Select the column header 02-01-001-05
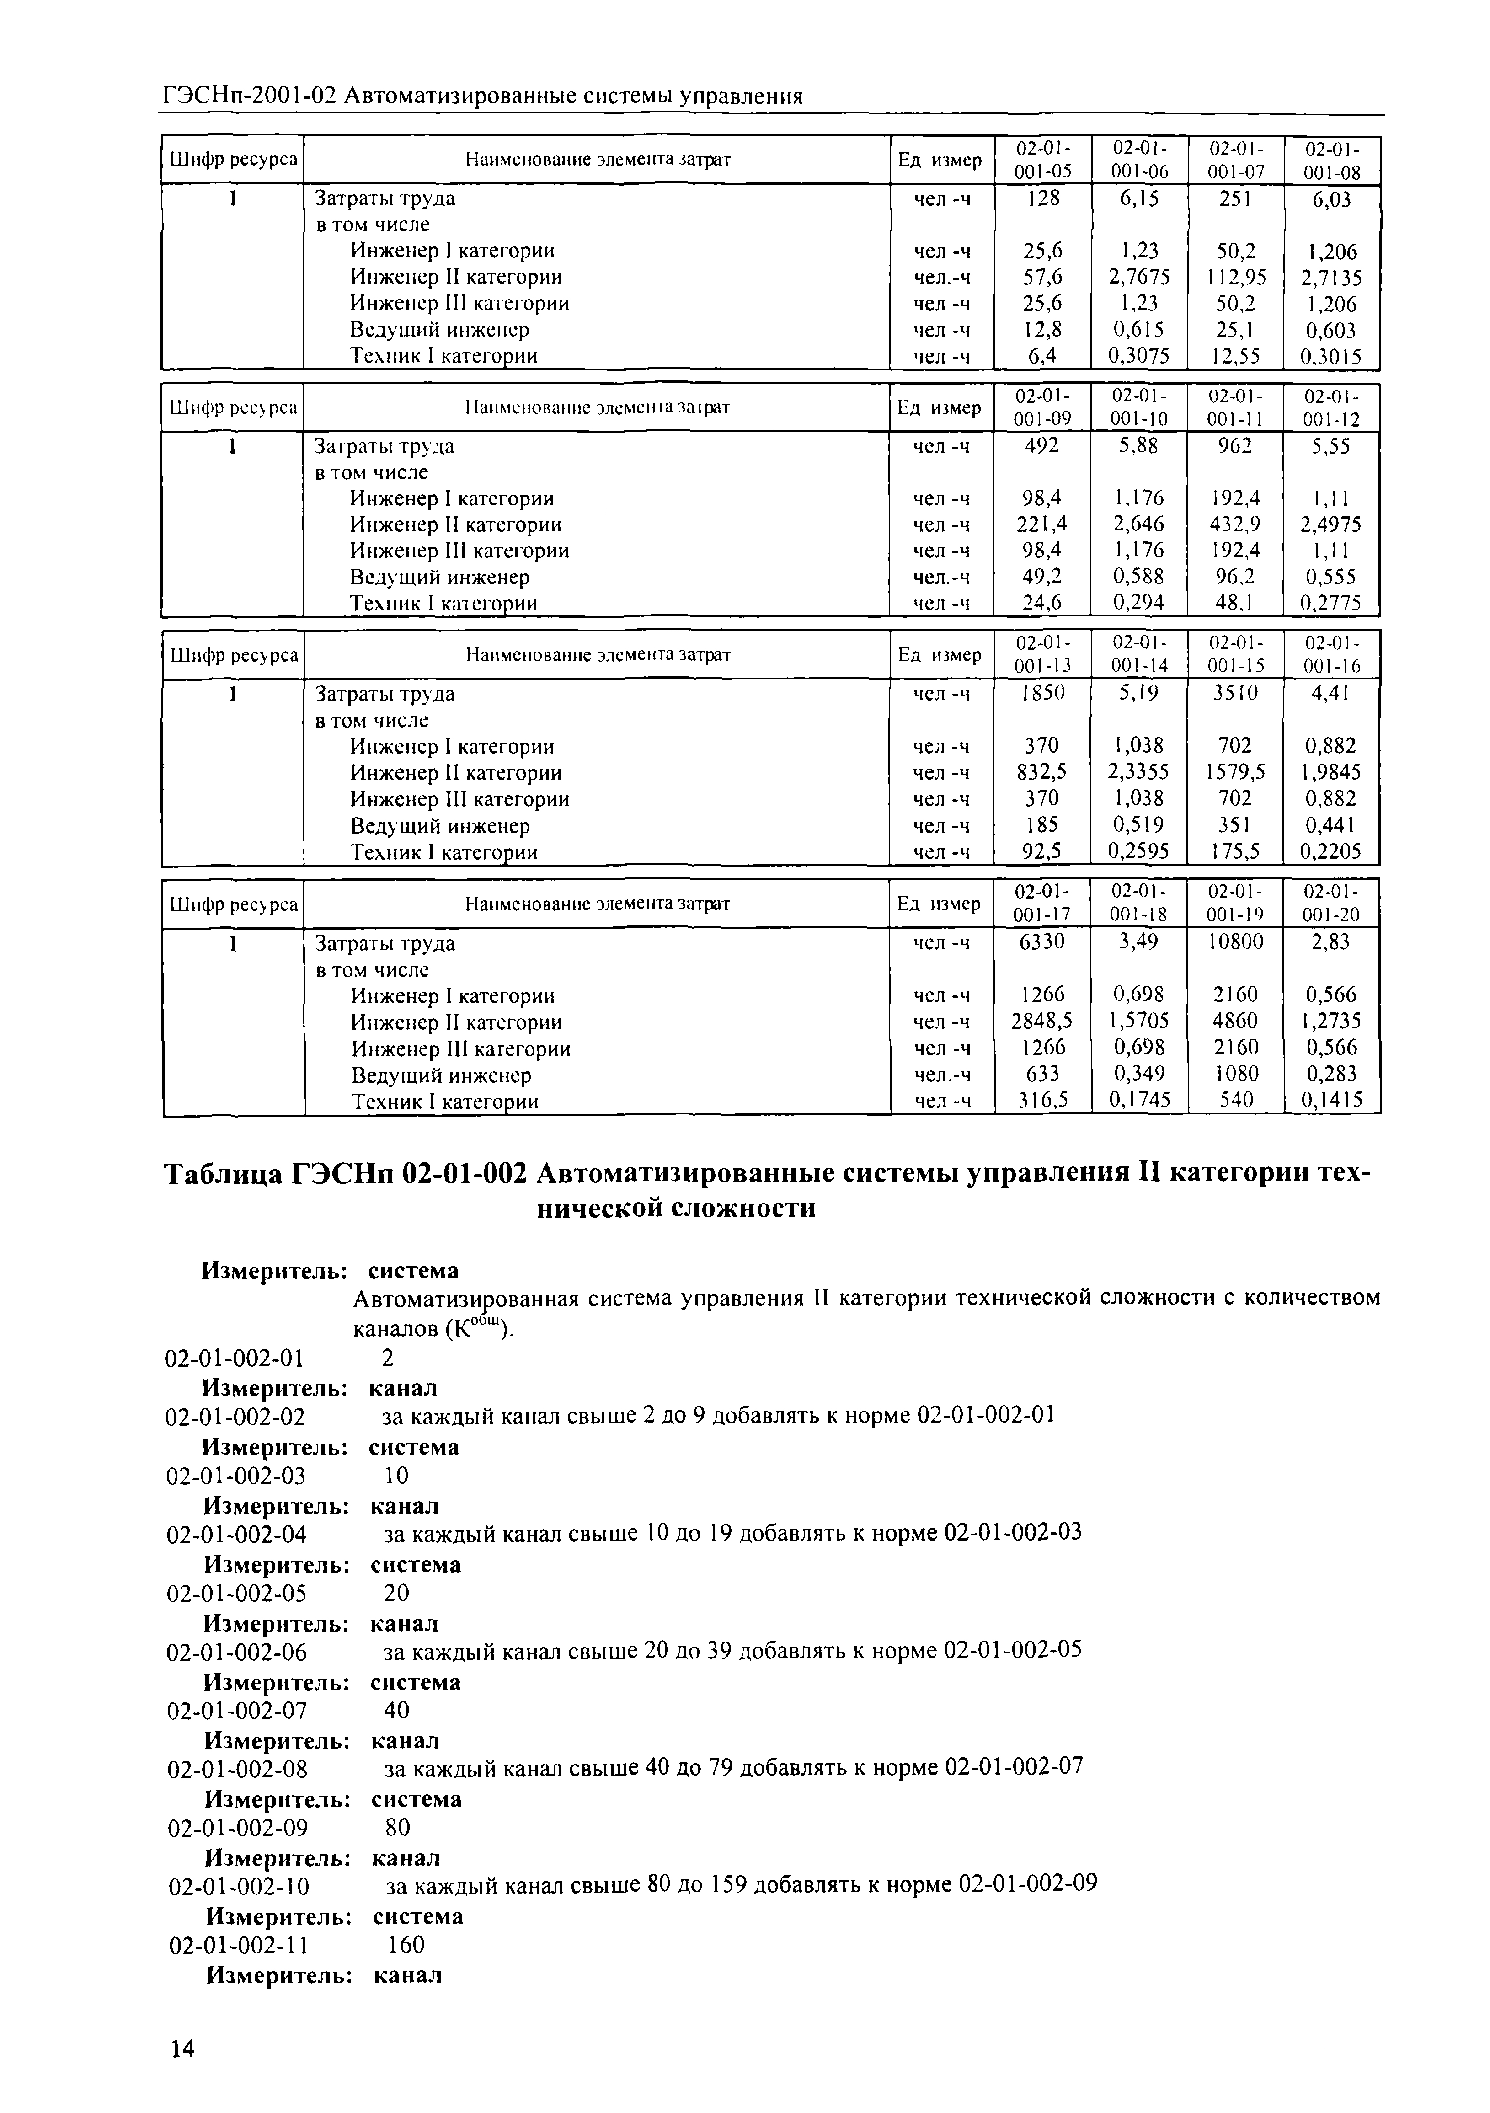[x=1043, y=160]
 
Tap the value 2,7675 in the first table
[x=1138, y=277]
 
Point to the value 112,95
[x=1235, y=277]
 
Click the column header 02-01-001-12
[x=1332, y=408]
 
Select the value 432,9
[x=1235, y=524]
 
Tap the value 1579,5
[x=1235, y=772]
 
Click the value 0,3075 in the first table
[x=1138, y=356]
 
